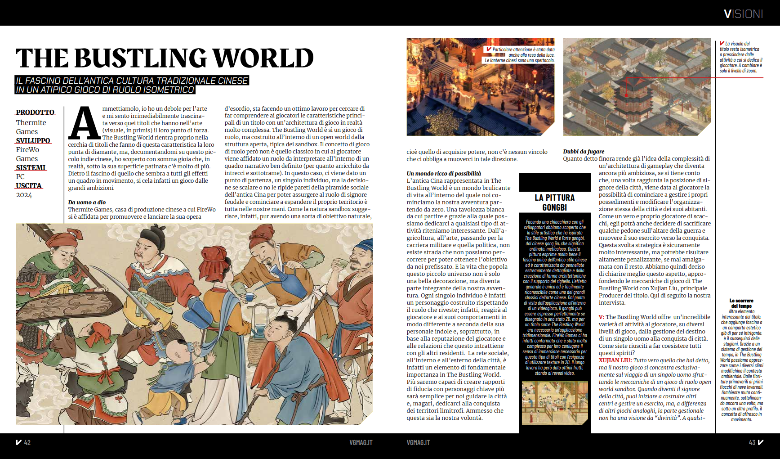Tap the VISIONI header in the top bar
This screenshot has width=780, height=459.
coord(743,14)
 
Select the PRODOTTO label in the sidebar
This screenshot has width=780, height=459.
coord(35,112)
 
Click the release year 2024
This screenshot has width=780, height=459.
coord(24,195)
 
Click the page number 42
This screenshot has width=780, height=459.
coord(27,443)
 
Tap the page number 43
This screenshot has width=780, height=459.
coord(752,443)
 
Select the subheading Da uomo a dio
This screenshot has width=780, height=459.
coord(87,202)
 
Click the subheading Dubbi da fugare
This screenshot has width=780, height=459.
coord(584,152)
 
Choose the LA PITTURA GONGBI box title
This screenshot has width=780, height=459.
coord(554,202)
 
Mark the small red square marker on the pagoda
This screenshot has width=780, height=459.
coord(626,95)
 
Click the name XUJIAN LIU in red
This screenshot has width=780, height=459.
coord(615,360)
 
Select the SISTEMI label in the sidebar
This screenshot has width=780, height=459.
coord(31,168)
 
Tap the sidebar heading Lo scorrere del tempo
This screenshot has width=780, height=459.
coord(741,303)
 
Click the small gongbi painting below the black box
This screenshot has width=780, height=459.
coord(554,403)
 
